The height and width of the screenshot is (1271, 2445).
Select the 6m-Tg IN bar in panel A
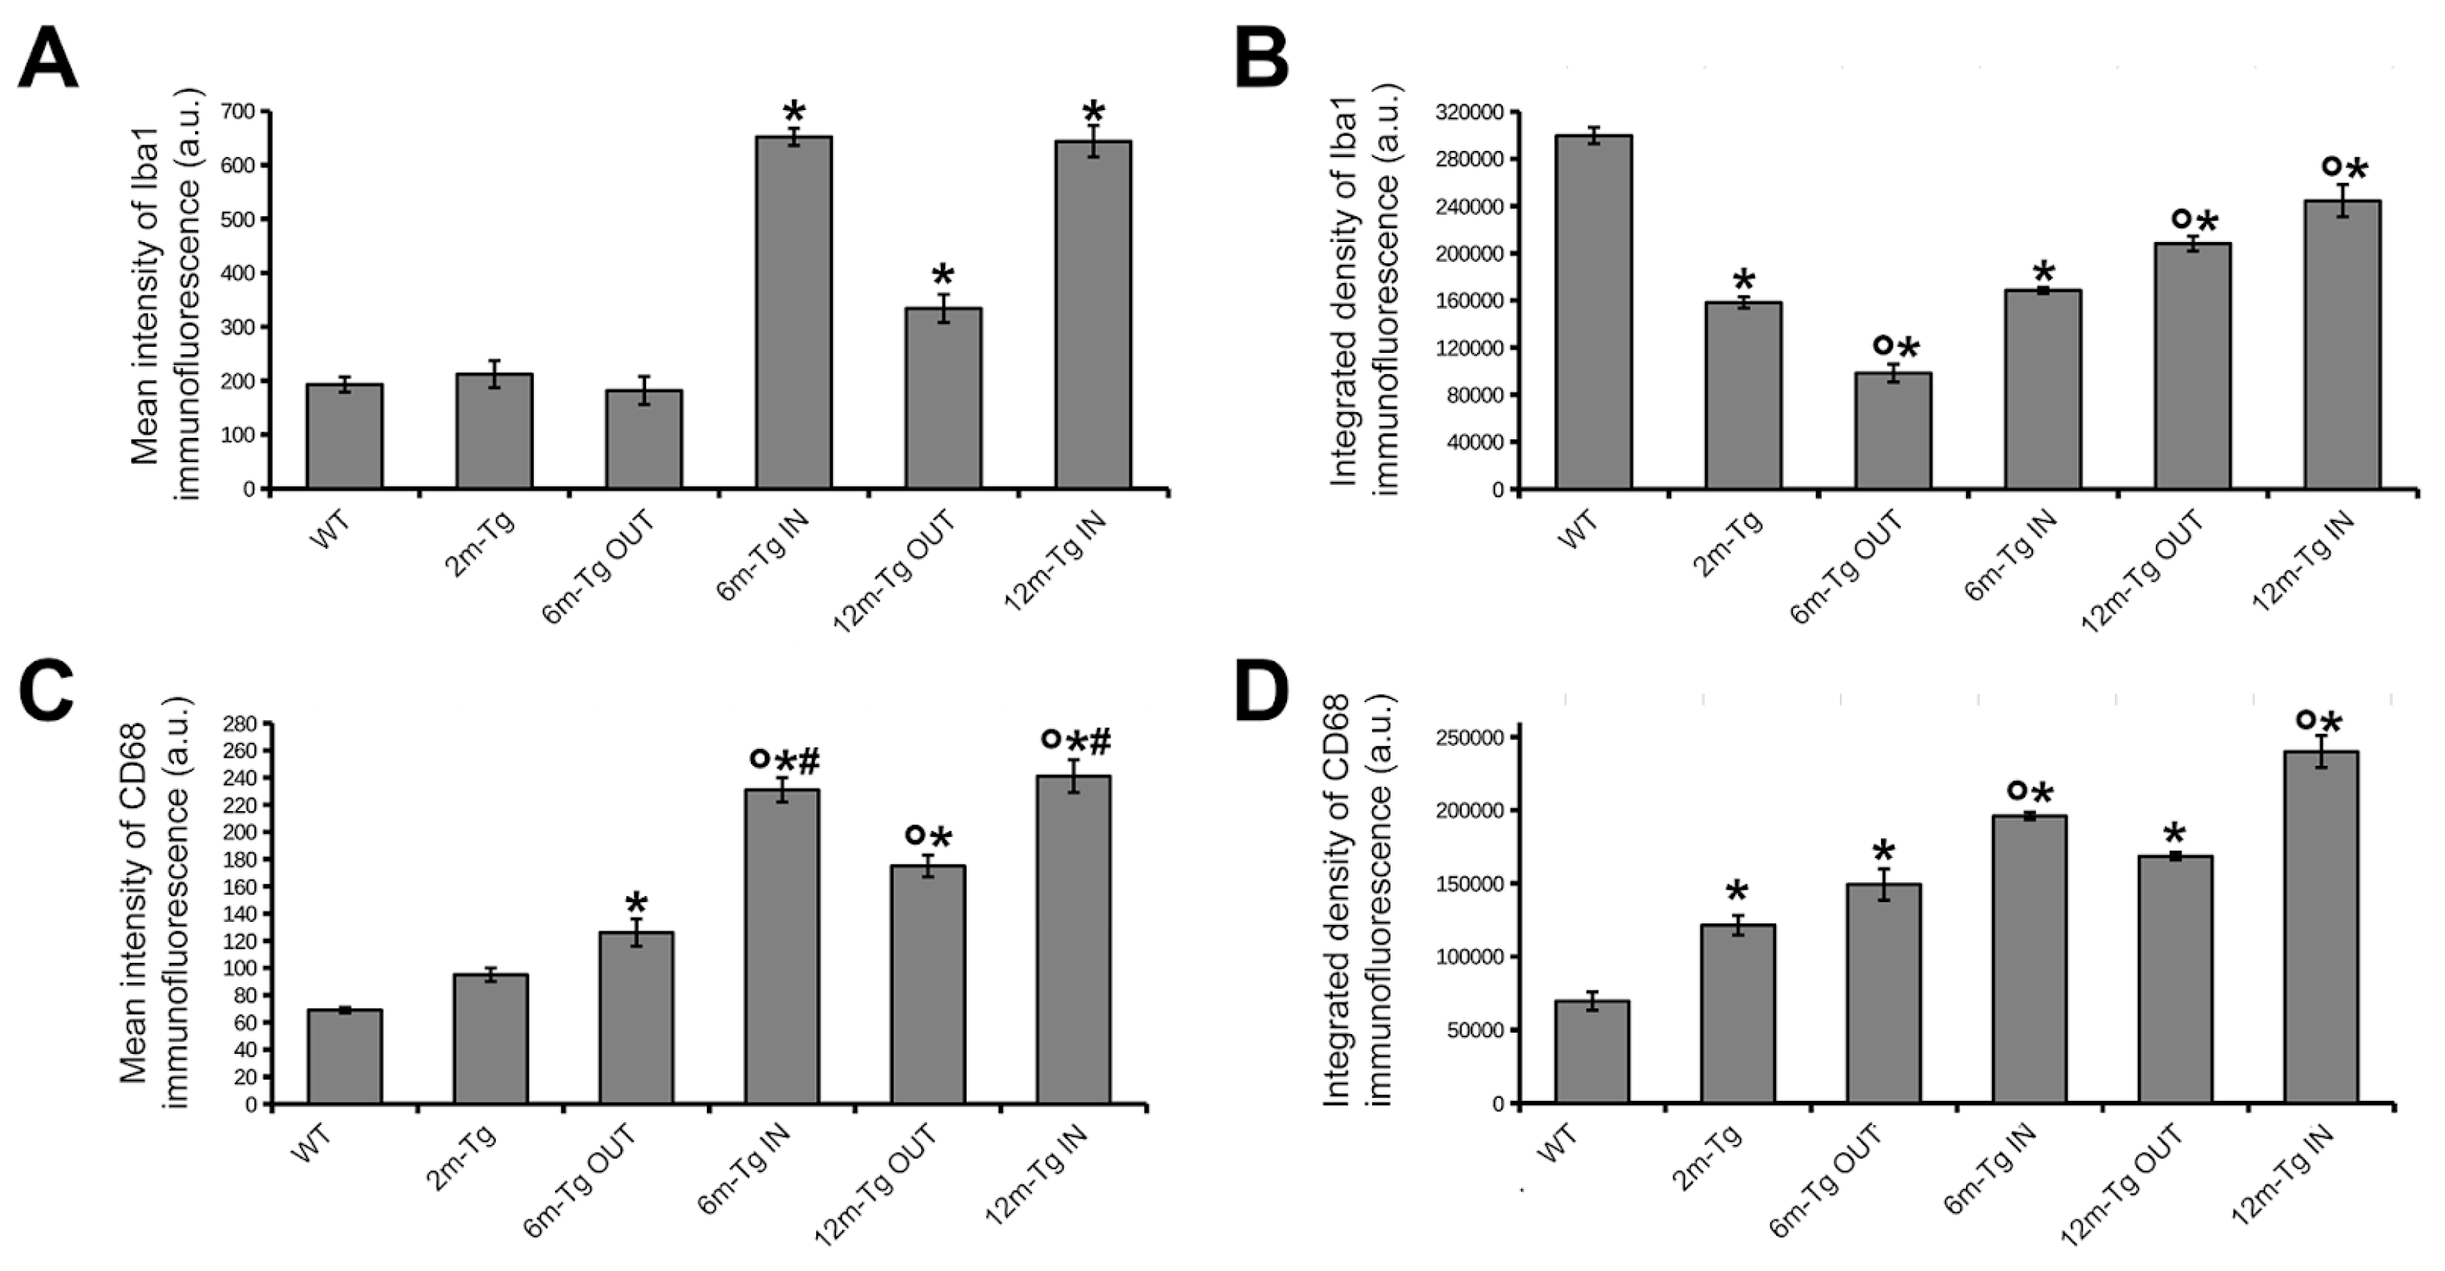(793, 313)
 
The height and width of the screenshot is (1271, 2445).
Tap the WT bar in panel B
(1593, 313)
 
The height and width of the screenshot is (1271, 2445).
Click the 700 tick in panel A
(238, 112)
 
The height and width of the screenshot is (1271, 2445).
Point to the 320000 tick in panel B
(1471, 112)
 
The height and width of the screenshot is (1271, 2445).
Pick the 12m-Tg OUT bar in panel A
(942, 399)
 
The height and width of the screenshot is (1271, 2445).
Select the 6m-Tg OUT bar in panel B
(1893, 431)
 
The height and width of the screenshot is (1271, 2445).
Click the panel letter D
(1262, 693)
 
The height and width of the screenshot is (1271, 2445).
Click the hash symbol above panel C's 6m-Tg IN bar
(809, 761)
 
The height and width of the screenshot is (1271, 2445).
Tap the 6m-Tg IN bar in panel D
(2029, 959)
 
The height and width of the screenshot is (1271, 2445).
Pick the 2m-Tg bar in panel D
(1737, 1014)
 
